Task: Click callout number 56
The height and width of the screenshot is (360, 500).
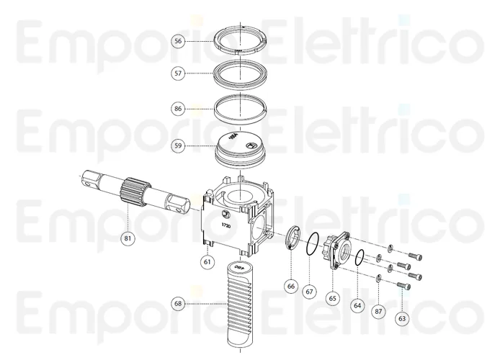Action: pos(178,41)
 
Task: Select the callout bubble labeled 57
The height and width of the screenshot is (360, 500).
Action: pos(178,73)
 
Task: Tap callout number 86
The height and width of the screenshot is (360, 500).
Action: pos(178,108)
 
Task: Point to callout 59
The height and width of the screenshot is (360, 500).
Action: pos(178,145)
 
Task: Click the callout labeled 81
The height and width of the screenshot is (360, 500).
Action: pos(128,238)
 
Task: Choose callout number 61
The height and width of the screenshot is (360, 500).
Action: pos(207,261)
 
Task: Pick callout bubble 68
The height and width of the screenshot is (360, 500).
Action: pos(178,304)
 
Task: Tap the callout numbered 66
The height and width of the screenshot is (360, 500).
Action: pos(291,286)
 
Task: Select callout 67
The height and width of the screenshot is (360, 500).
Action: pos(309,292)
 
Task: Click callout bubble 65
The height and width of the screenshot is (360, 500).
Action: pos(333,297)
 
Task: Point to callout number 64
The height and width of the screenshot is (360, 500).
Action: pos(357,305)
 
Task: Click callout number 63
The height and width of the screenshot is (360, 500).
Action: pos(402,317)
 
